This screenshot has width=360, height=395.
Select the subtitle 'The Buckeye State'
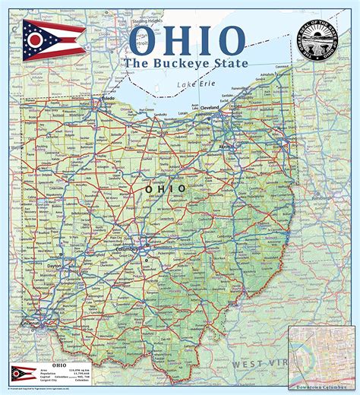(187, 63)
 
